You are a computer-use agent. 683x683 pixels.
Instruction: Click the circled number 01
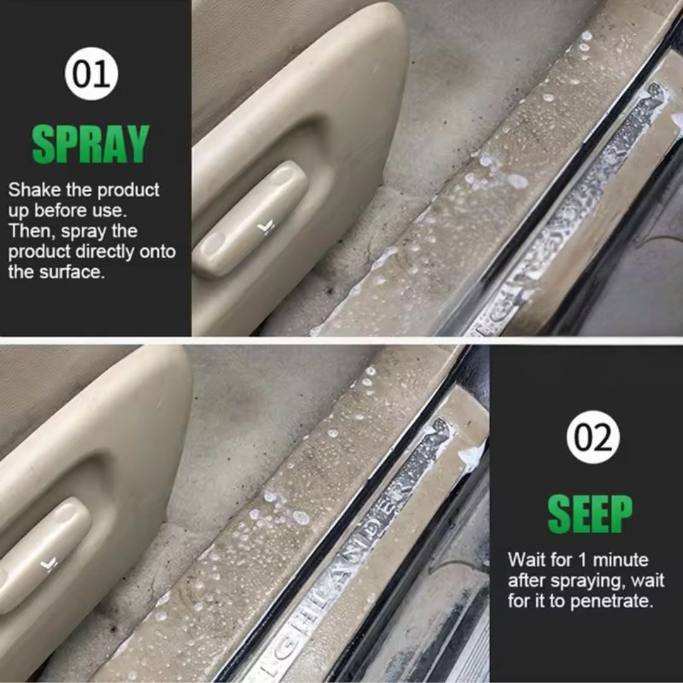92,73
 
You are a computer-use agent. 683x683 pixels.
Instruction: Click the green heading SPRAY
91,144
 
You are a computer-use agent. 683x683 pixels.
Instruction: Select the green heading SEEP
590,514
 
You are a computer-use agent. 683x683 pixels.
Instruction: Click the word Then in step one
32,231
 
